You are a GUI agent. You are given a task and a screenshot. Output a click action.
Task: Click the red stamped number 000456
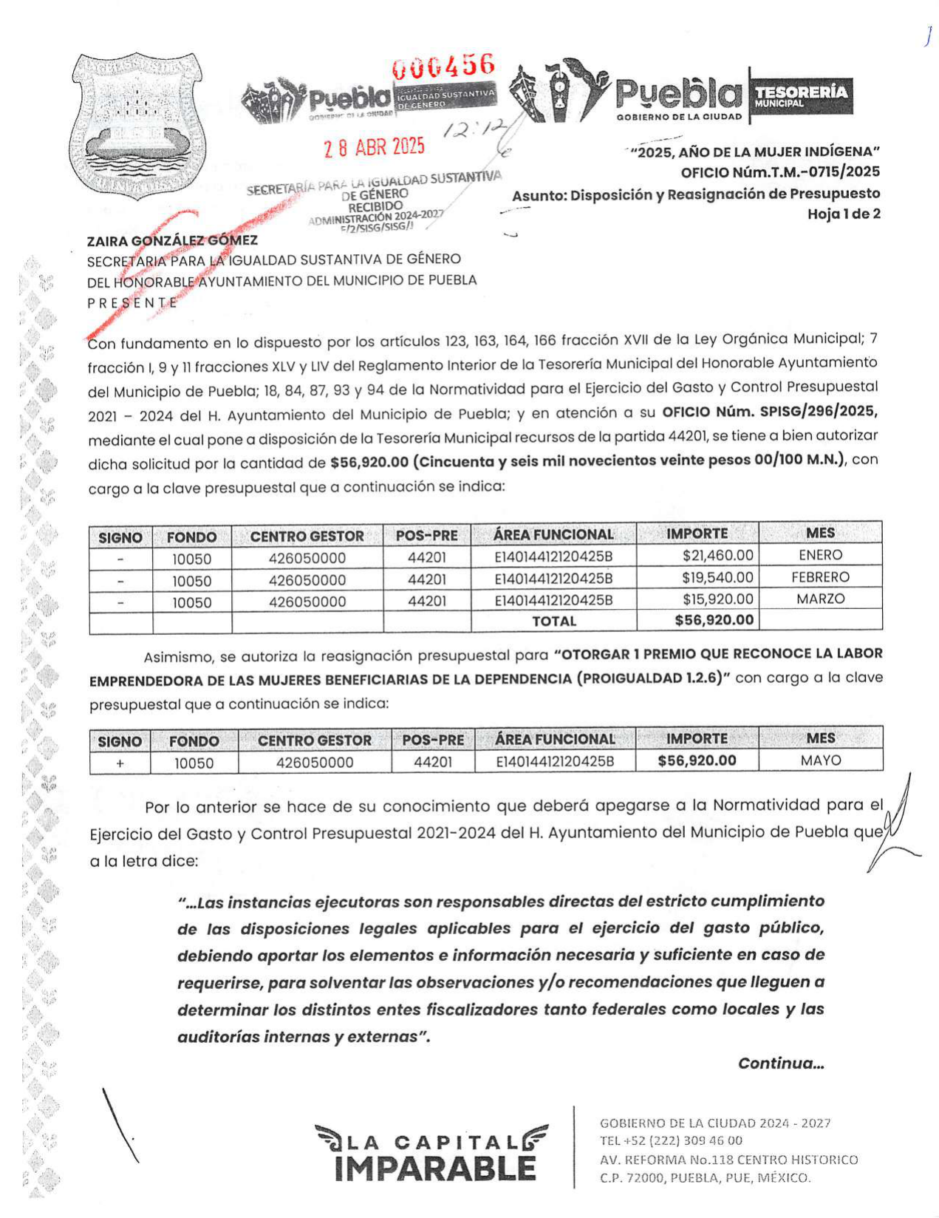click(x=443, y=67)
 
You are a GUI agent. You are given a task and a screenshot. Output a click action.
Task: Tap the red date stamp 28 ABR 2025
click(x=375, y=147)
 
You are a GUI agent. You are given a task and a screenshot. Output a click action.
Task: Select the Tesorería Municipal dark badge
click(x=801, y=95)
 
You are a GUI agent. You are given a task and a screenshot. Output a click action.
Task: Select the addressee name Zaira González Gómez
click(x=172, y=240)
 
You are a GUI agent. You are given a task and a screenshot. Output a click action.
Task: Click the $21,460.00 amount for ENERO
click(x=717, y=556)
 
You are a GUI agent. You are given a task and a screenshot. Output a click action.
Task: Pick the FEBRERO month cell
click(x=820, y=577)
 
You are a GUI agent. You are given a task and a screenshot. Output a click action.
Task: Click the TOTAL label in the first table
click(x=554, y=622)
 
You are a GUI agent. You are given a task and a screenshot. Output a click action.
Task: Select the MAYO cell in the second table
click(x=821, y=761)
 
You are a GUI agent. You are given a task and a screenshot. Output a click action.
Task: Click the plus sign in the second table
click(x=120, y=763)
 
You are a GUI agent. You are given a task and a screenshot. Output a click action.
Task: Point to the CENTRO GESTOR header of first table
click(x=307, y=537)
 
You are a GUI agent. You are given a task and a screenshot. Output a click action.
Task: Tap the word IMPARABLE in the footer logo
click(x=436, y=1168)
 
